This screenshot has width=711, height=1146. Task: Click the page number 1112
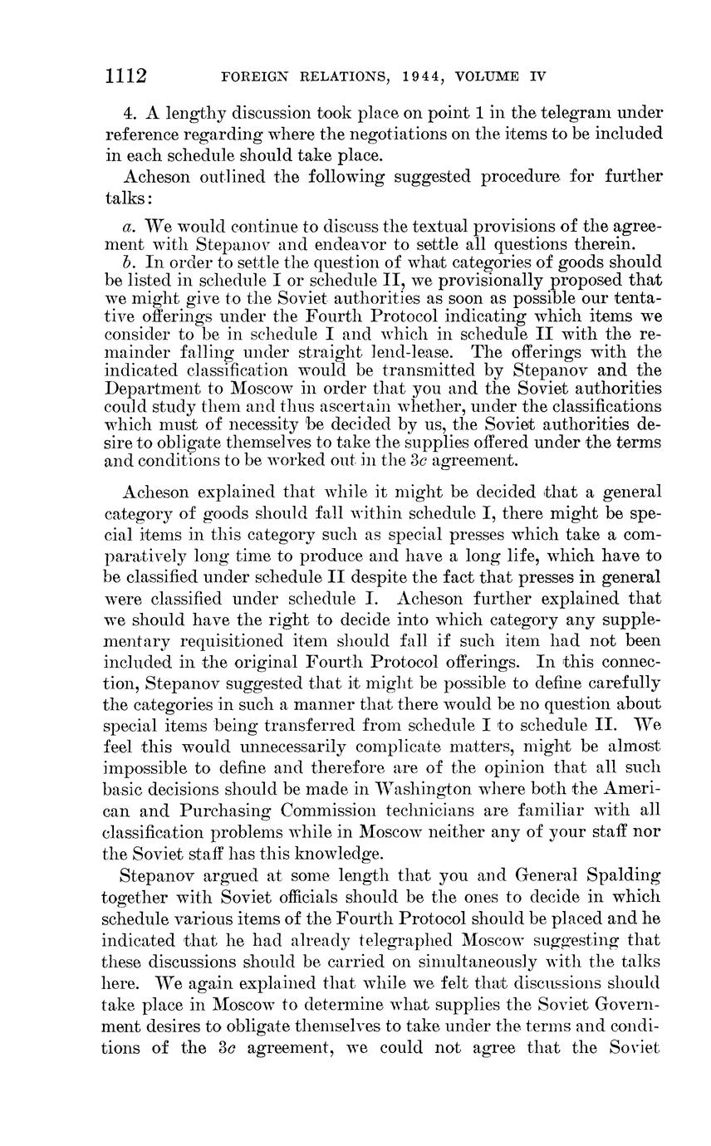125,76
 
